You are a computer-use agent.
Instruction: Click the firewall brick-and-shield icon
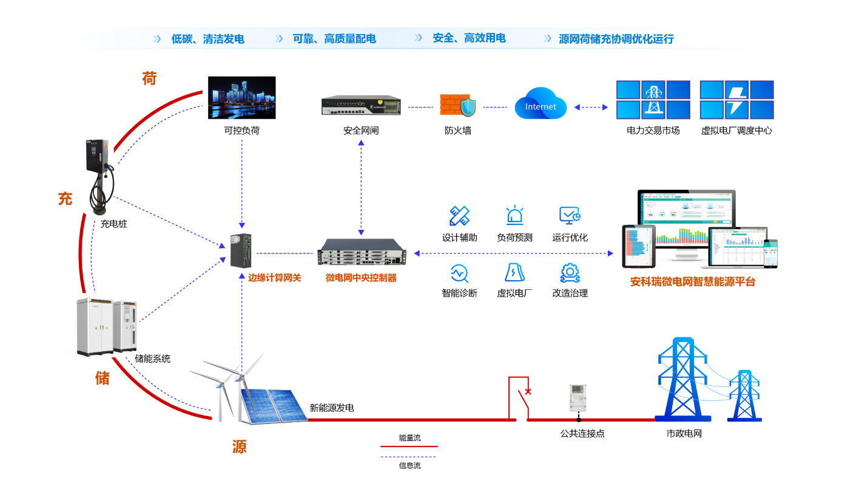(x=458, y=105)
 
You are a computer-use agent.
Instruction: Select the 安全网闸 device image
(x=361, y=105)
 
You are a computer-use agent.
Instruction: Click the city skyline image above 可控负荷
(x=241, y=97)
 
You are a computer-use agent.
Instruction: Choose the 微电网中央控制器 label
(x=361, y=278)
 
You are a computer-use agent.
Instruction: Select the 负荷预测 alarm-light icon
(x=514, y=216)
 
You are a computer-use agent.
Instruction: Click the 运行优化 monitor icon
(x=570, y=216)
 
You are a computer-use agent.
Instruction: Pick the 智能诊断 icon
(x=459, y=273)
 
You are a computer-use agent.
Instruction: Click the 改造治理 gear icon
(x=570, y=273)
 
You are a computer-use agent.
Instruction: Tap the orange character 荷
(x=149, y=78)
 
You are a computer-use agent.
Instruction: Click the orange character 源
(x=239, y=447)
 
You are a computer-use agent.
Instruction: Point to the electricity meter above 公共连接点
(x=578, y=398)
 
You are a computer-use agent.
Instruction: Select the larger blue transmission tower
(x=683, y=379)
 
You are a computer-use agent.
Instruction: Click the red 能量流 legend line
(x=408, y=446)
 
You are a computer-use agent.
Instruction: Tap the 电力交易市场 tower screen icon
(x=653, y=99)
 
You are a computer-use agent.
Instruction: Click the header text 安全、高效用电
(x=469, y=38)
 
